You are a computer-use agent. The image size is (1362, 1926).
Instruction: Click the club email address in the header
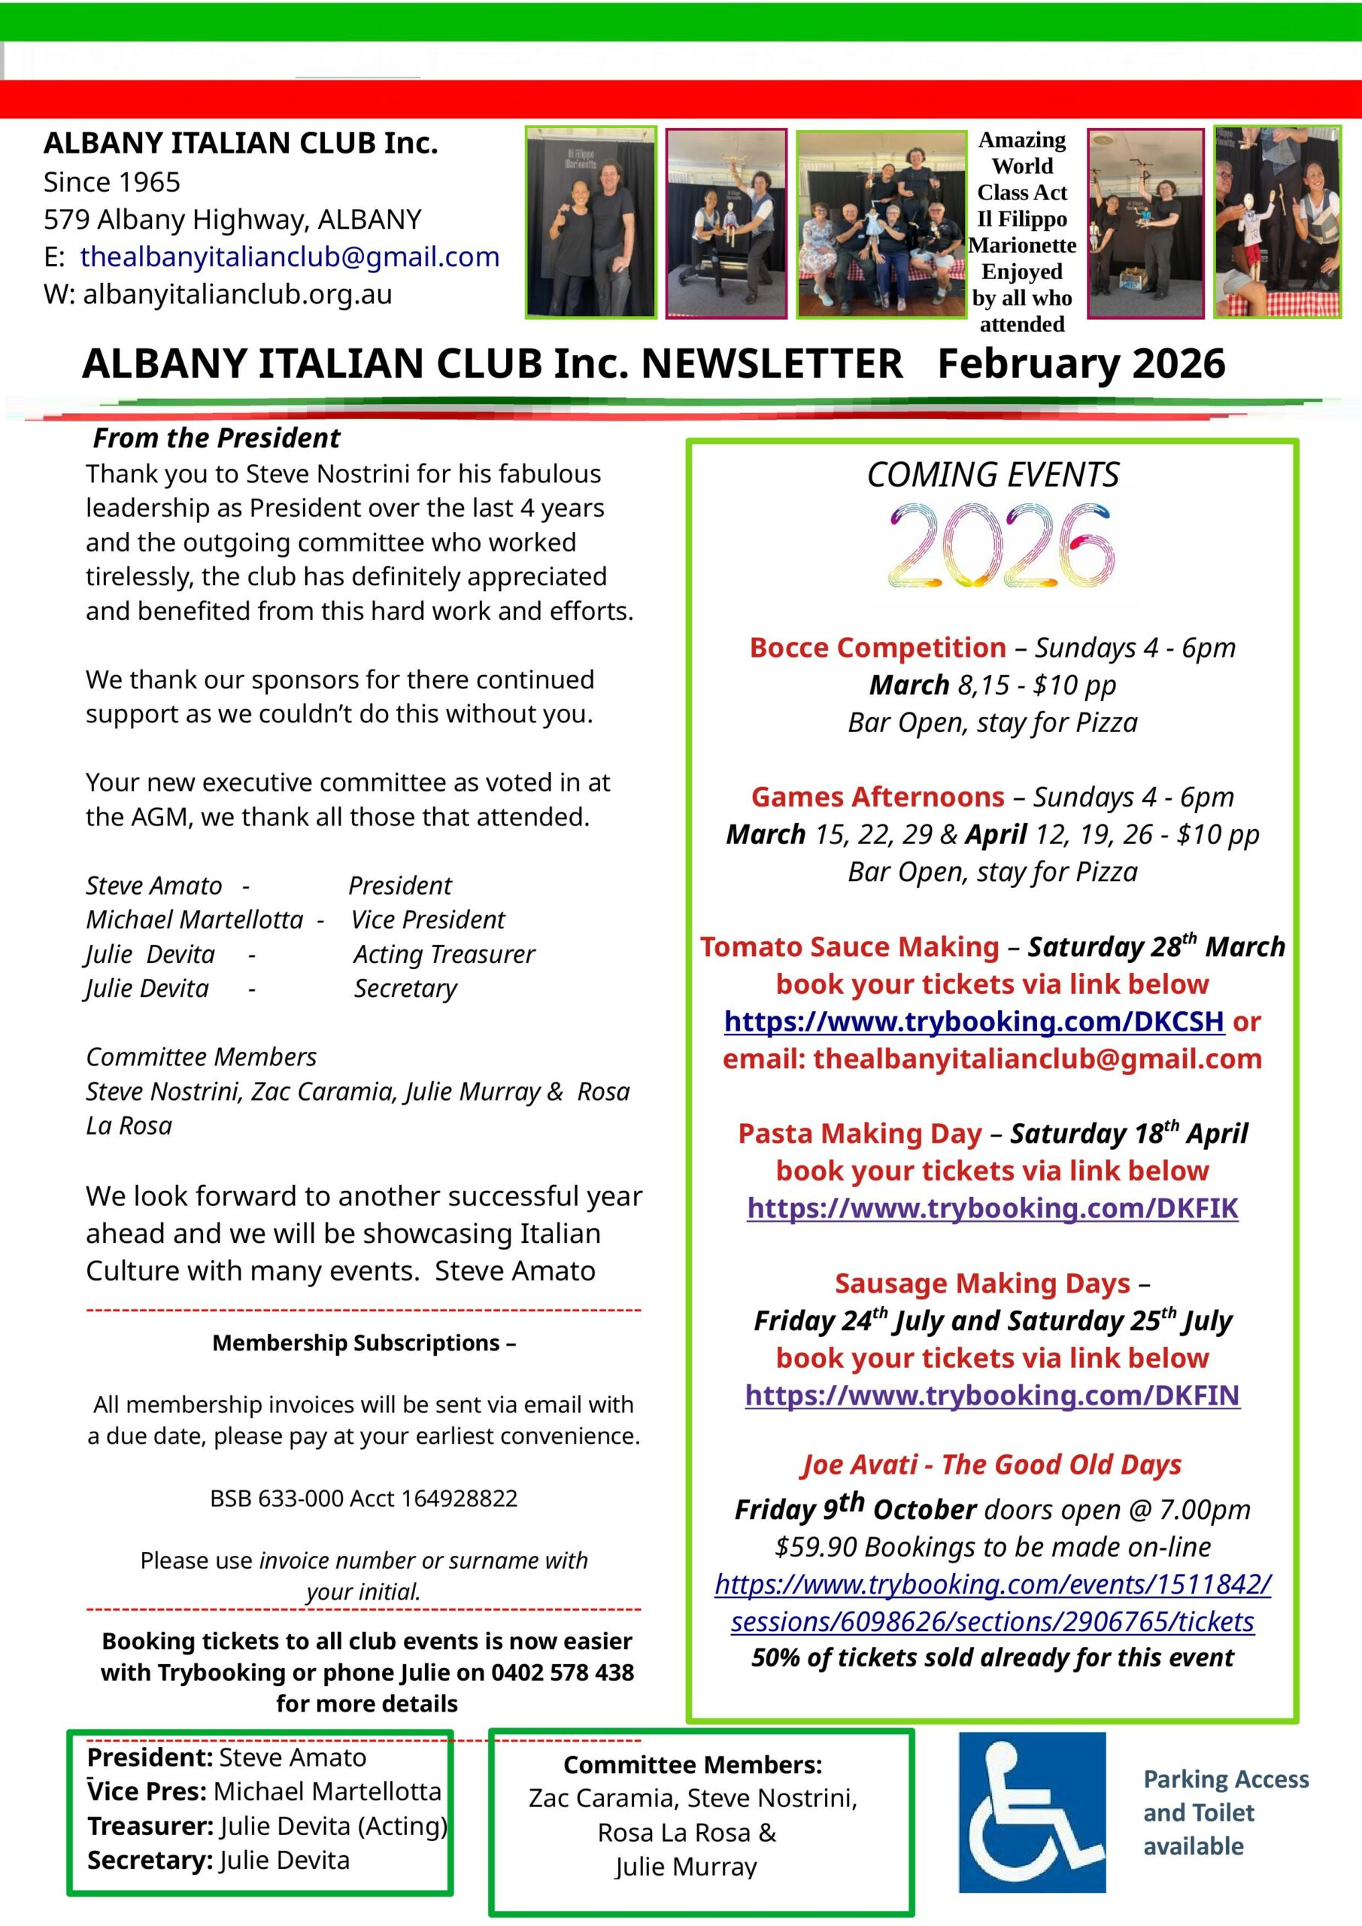point(290,257)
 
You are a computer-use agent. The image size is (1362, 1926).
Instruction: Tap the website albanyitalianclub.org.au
point(238,294)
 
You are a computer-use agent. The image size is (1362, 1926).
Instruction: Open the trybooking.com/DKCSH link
point(974,1022)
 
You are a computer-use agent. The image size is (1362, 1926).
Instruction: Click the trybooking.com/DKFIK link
point(992,1209)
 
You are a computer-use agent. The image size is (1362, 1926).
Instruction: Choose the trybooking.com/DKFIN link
point(992,1396)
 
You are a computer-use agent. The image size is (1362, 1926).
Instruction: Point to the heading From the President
point(217,438)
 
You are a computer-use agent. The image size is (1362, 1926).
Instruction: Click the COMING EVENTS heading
point(992,475)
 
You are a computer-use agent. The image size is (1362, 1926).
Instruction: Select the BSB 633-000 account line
point(363,1499)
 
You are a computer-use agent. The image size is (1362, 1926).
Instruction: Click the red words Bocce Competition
point(877,648)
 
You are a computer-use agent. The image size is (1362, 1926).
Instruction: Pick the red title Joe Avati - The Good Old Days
point(991,1465)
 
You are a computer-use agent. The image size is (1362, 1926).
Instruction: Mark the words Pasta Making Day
point(859,1134)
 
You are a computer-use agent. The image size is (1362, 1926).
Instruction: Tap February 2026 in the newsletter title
point(1081,364)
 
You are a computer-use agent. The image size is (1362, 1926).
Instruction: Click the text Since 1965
point(111,182)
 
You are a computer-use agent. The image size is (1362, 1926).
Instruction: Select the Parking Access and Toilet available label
point(1224,1812)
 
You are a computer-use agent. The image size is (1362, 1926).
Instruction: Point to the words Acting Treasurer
point(444,955)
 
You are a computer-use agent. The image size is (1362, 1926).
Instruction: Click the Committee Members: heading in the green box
point(692,1765)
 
